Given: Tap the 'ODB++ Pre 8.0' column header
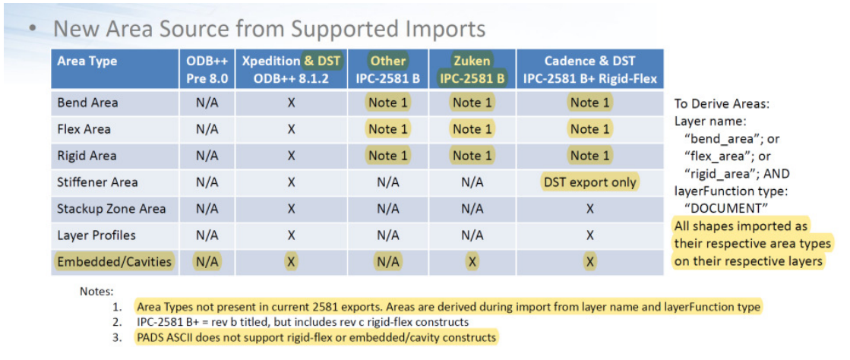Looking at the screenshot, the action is (x=207, y=70).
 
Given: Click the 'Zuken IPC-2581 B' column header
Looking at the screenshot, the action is (x=472, y=70).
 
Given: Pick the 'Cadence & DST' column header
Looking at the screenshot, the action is (x=589, y=61).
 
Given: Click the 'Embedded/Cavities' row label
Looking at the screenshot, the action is (x=114, y=263).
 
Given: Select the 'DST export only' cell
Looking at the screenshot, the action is (x=589, y=182).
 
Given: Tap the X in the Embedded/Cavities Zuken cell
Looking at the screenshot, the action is (x=472, y=263).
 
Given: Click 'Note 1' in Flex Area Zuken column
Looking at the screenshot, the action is (x=472, y=129).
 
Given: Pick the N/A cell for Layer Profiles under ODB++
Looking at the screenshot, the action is (x=207, y=235).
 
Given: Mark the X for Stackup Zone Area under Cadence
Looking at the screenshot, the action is (x=589, y=209).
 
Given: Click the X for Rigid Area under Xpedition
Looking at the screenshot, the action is (x=291, y=156).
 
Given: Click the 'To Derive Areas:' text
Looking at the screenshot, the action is (x=716, y=103).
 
